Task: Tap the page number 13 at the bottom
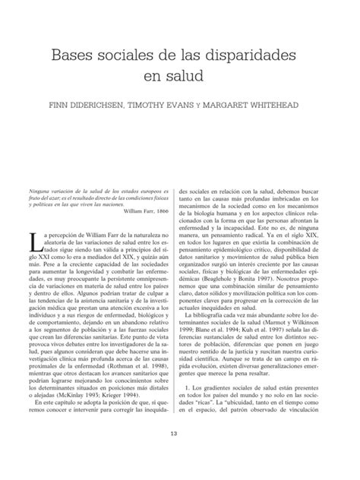(180, 454)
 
